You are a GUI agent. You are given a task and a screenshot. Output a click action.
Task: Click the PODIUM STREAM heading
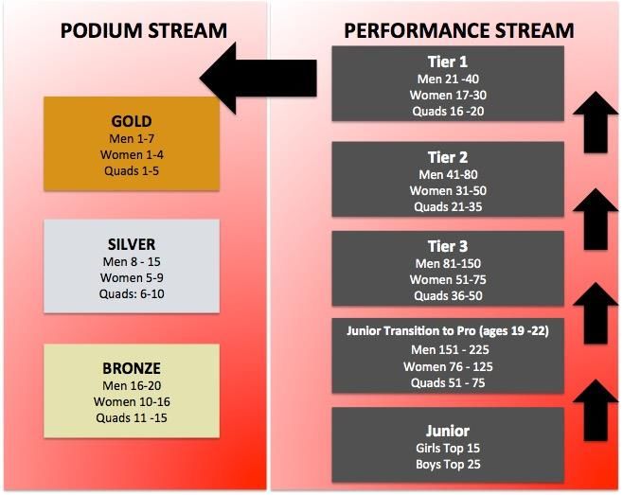[x=144, y=30]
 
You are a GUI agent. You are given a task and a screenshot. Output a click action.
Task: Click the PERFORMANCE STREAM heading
[x=459, y=30]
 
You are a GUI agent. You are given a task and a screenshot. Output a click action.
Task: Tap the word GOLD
[x=132, y=121]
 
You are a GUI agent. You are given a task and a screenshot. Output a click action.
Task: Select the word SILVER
[x=132, y=244]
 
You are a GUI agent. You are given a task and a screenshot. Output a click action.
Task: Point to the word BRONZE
[x=132, y=368]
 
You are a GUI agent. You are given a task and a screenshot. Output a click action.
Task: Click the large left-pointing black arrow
[x=258, y=78]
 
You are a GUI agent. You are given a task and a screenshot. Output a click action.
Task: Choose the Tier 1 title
[x=448, y=62]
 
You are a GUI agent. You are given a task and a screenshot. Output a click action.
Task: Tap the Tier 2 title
[x=448, y=157]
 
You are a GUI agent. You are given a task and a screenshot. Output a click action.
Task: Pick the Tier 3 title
[x=448, y=246]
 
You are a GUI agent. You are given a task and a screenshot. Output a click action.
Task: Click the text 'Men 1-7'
[x=132, y=138]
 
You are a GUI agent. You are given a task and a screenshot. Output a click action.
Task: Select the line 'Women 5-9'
[x=132, y=277]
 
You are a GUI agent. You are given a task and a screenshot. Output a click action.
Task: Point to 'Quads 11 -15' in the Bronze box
[x=132, y=418]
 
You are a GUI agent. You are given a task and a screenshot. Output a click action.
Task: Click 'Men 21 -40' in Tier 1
[x=448, y=79]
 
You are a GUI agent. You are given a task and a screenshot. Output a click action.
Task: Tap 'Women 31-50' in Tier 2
[x=448, y=190]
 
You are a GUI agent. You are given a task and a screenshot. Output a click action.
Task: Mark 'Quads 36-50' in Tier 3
[x=448, y=295]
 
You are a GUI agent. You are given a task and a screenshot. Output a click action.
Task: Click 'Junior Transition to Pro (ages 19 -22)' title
[x=448, y=331]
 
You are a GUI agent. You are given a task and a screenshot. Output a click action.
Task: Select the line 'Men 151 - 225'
[x=450, y=349]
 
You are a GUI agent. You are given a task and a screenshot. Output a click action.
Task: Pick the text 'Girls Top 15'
[x=448, y=448]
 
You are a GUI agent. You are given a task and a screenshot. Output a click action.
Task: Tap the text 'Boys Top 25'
[x=448, y=464]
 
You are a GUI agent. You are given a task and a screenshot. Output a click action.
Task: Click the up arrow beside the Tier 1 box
[x=596, y=122]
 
